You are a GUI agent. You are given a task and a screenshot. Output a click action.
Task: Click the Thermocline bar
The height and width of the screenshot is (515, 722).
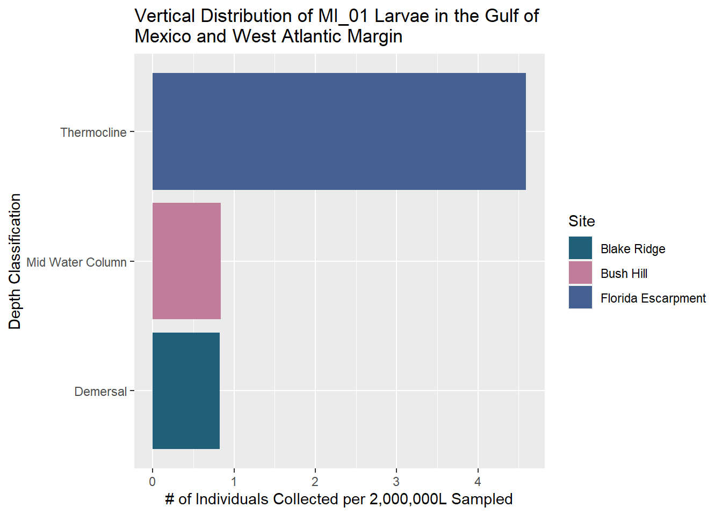point(339,131)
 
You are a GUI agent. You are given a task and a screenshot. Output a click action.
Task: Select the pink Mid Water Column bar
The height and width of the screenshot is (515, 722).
point(186,261)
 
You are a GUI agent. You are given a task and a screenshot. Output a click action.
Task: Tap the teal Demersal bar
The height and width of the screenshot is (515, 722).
point(186,391)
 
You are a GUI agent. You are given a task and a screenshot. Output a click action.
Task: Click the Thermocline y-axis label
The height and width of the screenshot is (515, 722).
point(93,133)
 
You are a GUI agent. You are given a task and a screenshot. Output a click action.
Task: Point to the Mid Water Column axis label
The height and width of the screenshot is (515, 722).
point(76,262)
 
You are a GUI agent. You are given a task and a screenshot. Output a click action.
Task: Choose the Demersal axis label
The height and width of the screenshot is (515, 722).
point(100,392)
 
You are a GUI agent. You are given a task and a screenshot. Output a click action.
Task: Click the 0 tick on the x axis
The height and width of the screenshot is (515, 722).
point(153,482)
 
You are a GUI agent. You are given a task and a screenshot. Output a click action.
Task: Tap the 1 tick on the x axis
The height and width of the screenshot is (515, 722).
point(234,482)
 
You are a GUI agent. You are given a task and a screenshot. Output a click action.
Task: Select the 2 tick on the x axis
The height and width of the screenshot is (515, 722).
point(315,482)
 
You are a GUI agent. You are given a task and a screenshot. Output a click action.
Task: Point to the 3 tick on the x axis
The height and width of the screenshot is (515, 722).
point(396,482)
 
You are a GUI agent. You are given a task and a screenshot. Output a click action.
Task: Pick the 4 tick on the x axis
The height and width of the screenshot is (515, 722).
point(478,482)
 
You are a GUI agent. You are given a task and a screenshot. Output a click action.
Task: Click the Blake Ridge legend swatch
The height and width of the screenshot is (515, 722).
point(580,248)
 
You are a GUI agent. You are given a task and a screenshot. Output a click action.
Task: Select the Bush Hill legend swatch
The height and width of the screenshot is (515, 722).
point(580,273)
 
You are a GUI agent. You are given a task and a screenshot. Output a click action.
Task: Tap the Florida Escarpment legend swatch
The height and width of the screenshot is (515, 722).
point(580,298)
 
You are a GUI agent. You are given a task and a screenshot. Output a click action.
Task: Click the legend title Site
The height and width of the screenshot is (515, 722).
point(582,222)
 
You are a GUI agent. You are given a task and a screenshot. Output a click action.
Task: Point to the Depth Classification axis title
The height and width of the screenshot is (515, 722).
point(15,261)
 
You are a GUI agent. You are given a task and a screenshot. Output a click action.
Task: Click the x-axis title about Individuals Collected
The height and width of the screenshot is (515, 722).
point(339,499)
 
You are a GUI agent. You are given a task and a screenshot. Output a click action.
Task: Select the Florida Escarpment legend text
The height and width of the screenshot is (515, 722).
point(653,298)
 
